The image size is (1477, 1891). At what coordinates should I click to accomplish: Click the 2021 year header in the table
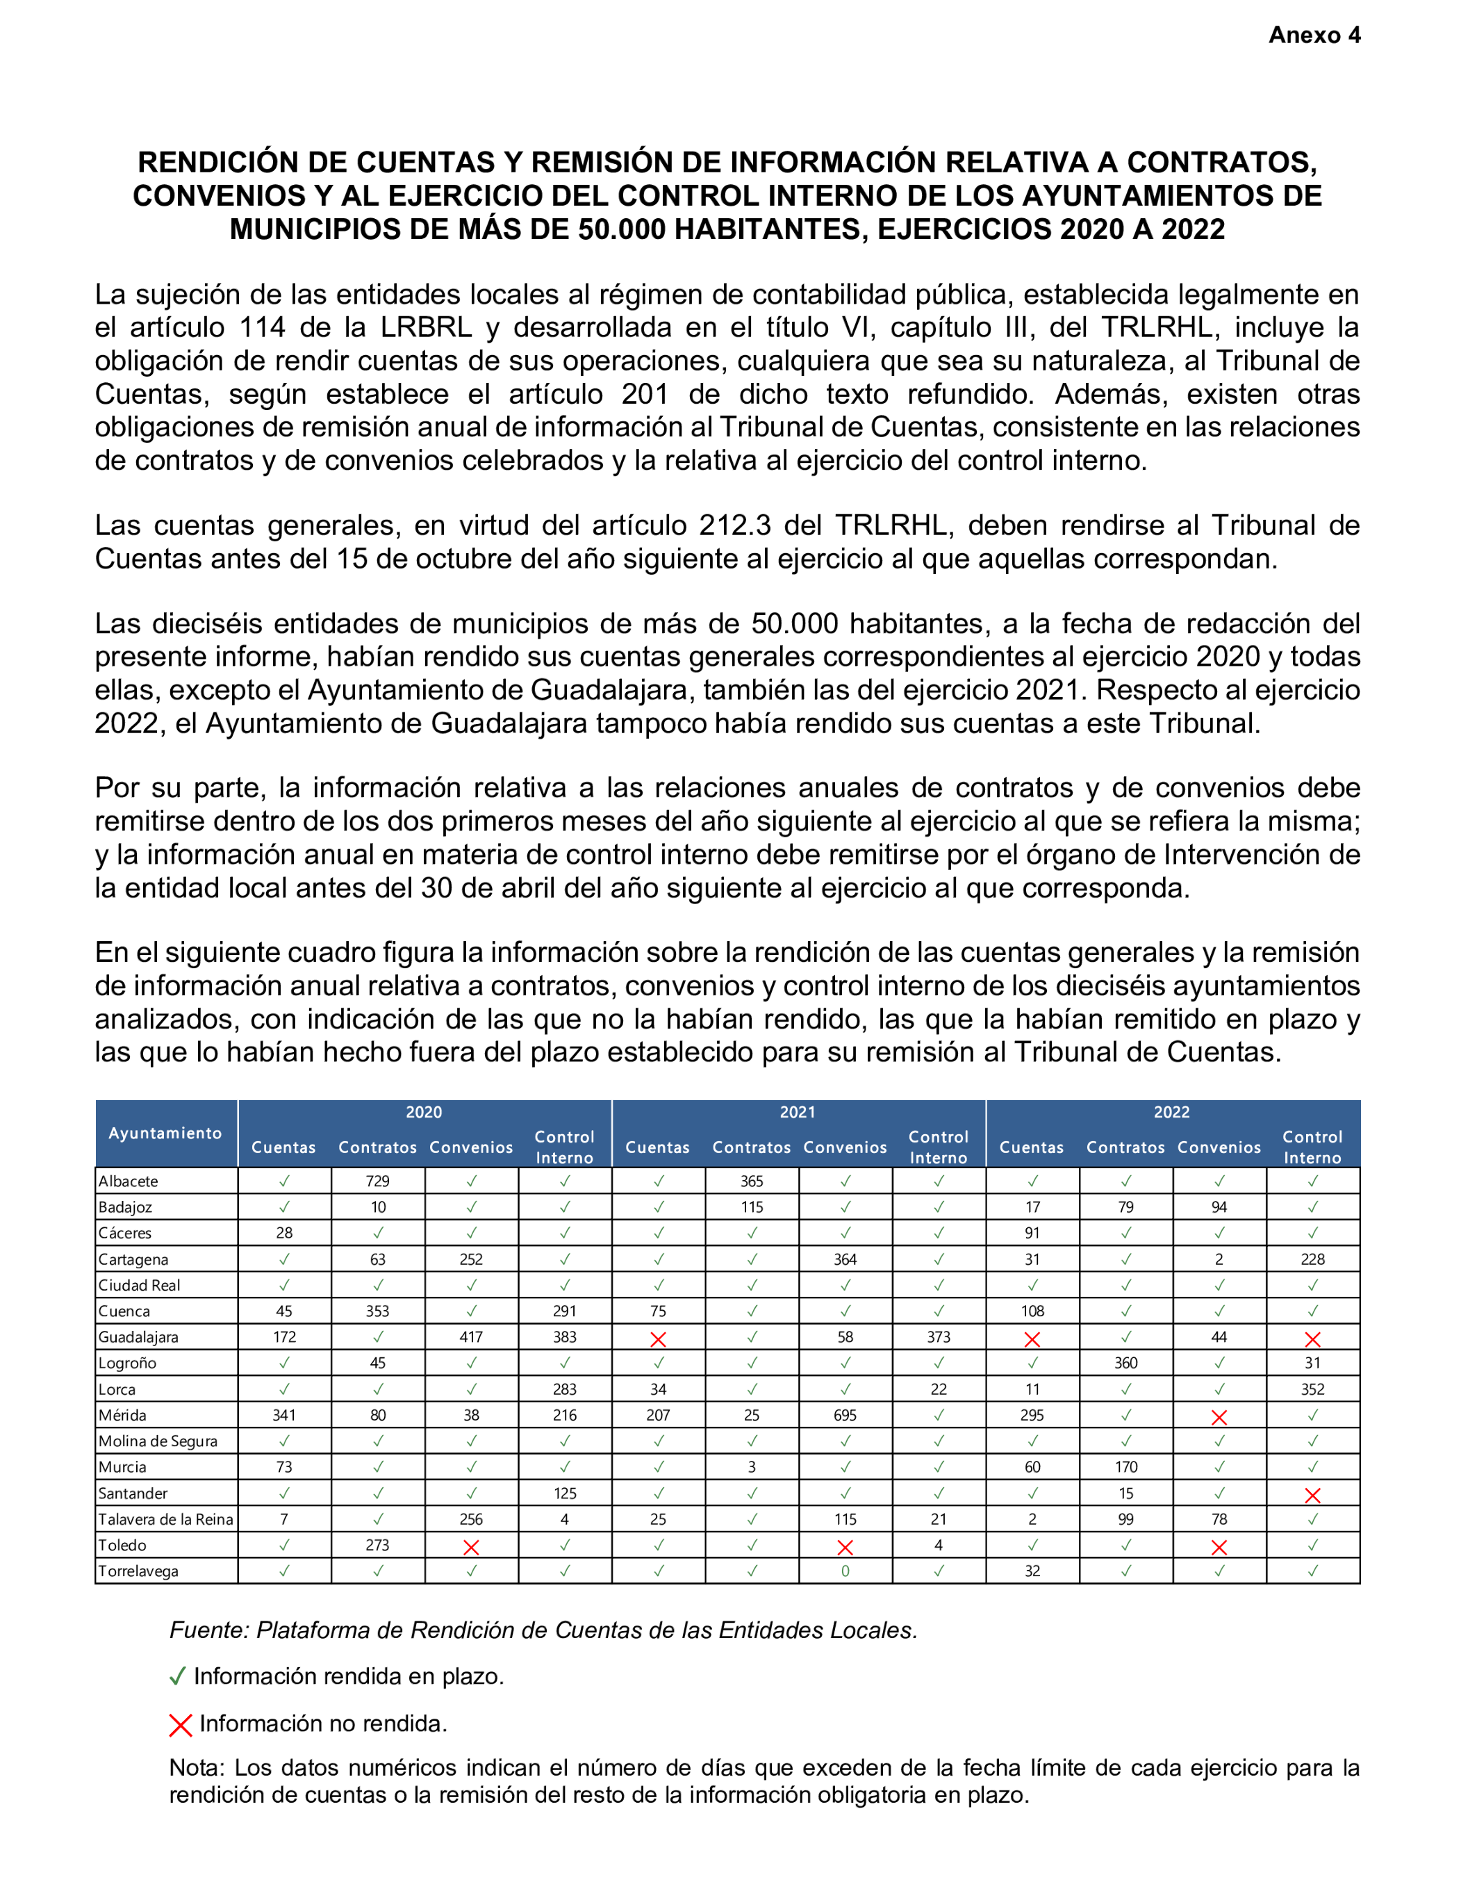[798, 1113]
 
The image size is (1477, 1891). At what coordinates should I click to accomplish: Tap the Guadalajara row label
[138, 1337]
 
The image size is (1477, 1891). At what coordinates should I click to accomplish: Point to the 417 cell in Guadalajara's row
[471, 1337]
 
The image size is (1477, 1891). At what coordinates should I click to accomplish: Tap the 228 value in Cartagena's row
[1312, 1259]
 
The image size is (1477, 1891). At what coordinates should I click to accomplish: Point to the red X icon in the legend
[180, 1725]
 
